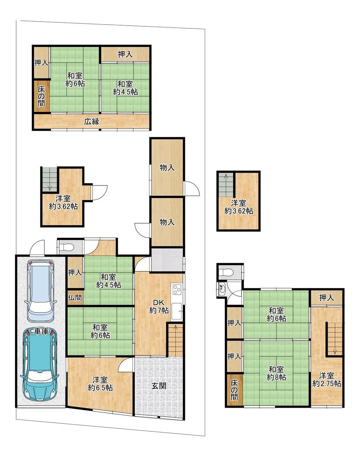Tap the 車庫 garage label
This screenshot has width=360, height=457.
[x=42, y=331]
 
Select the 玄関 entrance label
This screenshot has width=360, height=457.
[x=159, y=386]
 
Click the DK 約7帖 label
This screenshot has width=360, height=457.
[x=159, y=306]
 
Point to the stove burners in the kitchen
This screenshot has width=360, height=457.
[x=177, y=289]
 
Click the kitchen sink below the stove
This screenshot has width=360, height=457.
[x=176, y=311]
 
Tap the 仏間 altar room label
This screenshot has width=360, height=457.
[x=75, y=297]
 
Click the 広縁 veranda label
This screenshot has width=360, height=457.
[x=92, y=122]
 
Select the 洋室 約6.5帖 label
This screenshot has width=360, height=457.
[x=100, y=384]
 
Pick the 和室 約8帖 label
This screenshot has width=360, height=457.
[x=276, y=373]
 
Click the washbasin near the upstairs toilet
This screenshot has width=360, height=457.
[x=222, y=288]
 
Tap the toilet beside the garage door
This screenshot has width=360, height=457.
[x=66, y=247]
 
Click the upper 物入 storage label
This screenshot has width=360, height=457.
[x=167, y=168]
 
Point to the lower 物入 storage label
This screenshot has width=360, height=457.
[x=167, y=222]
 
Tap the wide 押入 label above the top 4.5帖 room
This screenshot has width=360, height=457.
[x=125, y=54]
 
